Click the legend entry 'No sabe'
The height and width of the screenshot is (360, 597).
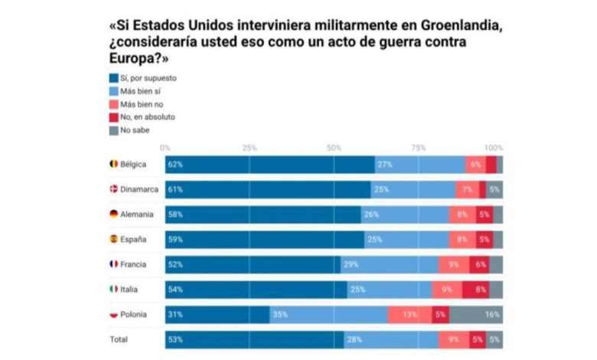(x=134, y=129)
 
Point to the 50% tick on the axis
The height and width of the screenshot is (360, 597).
(x=334, y=147)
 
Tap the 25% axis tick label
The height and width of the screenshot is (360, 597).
(x=250, y=147)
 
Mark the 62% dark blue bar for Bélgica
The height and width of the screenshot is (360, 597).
(x=269, y=165)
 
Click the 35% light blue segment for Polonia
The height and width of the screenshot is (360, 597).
(x=328, y=313)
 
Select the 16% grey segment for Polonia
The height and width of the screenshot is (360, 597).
(x=476, y=313)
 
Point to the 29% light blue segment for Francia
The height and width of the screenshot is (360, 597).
(x=389, y=264)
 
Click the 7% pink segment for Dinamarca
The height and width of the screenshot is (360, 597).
(x=466, y=189)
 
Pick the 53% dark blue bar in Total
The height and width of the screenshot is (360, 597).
(x=254, y=339)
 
